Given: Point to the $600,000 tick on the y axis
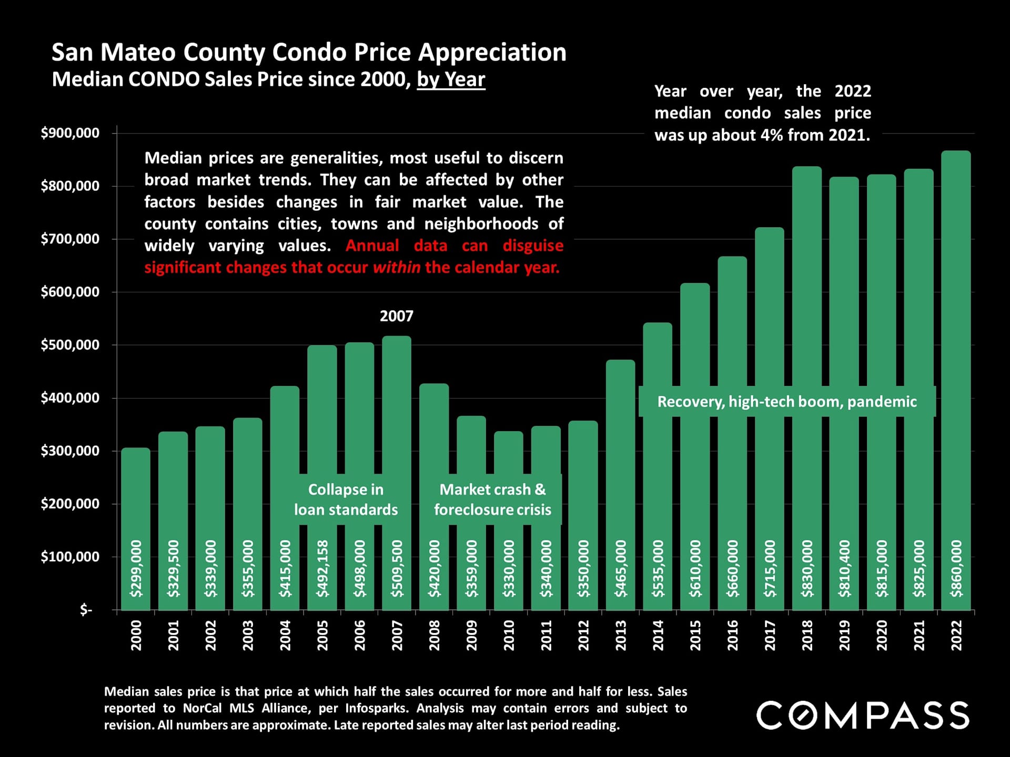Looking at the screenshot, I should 70,292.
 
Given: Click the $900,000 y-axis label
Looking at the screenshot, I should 70,133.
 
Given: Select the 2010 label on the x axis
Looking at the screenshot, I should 509,635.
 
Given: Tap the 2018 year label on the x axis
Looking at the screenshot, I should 807,635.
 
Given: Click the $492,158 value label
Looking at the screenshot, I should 322,568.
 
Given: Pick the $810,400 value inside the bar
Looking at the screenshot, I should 844,568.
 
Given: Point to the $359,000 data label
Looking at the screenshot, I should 471,568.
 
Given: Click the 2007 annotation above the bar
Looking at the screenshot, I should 397,316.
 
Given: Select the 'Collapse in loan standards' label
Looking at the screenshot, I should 346,499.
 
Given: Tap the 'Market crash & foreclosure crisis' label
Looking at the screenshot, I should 492,499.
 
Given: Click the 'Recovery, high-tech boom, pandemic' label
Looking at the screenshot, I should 786,402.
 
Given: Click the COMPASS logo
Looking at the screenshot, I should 863,715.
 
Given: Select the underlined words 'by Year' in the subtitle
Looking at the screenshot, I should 451,79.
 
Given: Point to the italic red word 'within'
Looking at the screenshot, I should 397,268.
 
